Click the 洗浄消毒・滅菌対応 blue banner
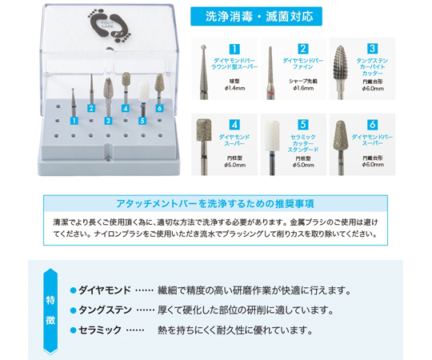click(x=256, y=17)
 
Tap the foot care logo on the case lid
click(x=110, y=26)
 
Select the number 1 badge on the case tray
click(x=74, y=121)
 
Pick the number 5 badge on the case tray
click(x=142, y=121)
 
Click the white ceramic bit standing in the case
click(x=144, y=92)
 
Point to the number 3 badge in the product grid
click(x=372, y=49)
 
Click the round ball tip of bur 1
click(x=204, y=47)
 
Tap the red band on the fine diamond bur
click(x=270, y=95)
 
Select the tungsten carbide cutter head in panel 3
click(x=341, y=62)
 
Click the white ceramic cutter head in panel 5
click(x=272, y=136)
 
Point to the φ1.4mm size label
click(x=234, y=89)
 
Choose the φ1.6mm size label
click(x=303, y=89)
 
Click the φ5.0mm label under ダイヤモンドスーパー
click(x=234, y=165)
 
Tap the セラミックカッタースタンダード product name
click(x=303, y=143)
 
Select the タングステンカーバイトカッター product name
click(x=372, y=67)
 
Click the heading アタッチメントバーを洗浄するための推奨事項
click(x=215, y=204)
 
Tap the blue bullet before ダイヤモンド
click(x=73, y=290)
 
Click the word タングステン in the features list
click(x=106, y=310)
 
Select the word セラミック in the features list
click(x=100, y=330)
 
